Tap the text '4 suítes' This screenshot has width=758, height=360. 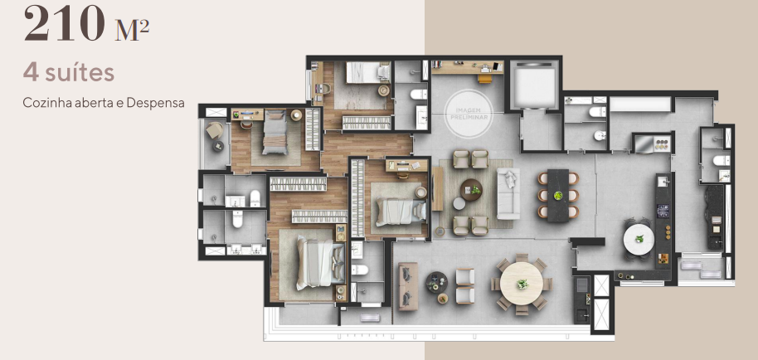click(x=69, y=74)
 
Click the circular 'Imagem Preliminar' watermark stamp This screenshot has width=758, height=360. click(x=468, y=109)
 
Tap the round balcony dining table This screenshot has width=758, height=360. click(x=523, y=284)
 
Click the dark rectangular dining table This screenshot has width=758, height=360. click(x=558, y=192)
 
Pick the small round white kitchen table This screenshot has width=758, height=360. click(x=639, y=240)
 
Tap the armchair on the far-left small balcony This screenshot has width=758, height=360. click(x=215, y=132)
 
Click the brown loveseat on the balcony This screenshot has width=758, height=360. click(x=407, y=285)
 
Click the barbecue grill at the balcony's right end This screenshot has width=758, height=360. click(x=583, y=288)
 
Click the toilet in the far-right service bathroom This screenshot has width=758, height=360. click(x=722, y=159)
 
